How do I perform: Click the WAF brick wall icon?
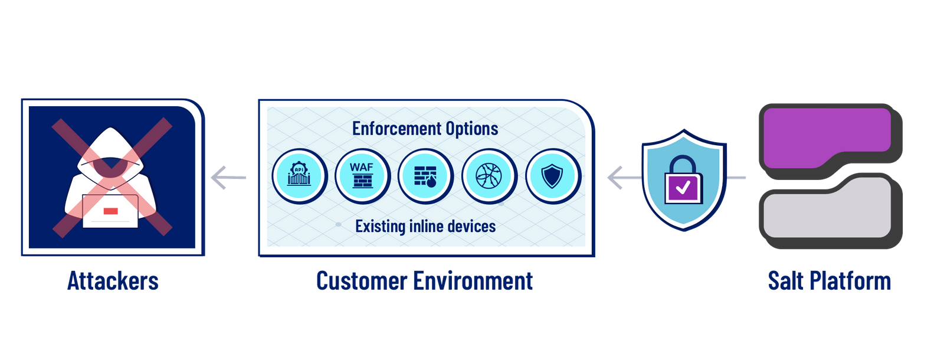pyautogui.click(x=362, y=176)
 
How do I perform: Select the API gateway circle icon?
pyautogui.click(x=299, y=176)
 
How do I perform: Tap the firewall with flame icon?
pyautogui.click(x=425, y=176)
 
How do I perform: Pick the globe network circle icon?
pyautogui.click(x=489, y=176)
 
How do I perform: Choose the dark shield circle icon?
pyautogui.click(x=552, y=176)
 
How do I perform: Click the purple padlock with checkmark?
pyautogui.click(x=683, y=182)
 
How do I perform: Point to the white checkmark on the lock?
pyautogui.click(x=683, y=188)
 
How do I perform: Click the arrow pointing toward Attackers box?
pyautogui.click(x=228, y=178)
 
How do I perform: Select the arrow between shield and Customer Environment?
pyautogui.click(x=623, y=178)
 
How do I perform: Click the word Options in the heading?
pyautogui.click(x=472, y=129)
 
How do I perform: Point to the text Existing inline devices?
pyautogui.click(x=425, y=227)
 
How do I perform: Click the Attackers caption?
pyautogui.click(x=113, y=281)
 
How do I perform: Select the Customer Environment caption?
pyautogui.click(x=425, y=281)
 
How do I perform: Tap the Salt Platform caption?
pyautogui.click(x=829, y=281)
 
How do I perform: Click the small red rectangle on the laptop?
pyautogui.click(x=110, y=211)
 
